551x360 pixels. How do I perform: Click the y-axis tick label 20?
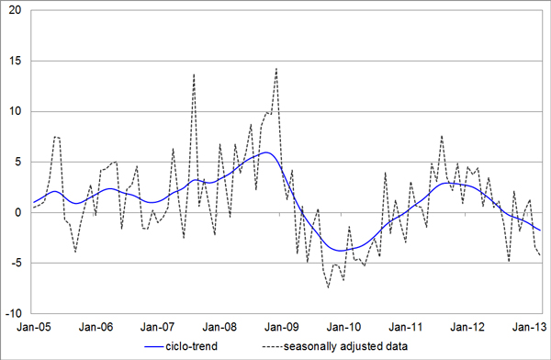[15, 10]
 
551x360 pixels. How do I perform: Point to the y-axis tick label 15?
[15, 61]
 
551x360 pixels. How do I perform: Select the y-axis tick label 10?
[15, 111]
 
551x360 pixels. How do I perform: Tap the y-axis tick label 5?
[18, 162]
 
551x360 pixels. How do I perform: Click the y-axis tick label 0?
[18, 212]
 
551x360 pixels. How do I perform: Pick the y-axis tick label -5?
[16, 263]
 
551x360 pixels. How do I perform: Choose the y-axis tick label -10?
[14, 313]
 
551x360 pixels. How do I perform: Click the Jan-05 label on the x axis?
[34, 327]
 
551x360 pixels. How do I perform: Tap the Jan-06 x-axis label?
[96, 327]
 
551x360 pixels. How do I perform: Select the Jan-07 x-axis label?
[158, 327]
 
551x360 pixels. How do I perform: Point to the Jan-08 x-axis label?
[220, 327]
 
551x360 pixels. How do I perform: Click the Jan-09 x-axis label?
[282, 327]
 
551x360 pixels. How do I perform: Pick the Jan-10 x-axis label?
[344, 327]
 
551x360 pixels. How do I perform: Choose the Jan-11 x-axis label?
[406, 327]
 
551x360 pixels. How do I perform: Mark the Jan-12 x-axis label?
[467, 327]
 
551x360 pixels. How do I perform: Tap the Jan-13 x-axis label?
[530, 327]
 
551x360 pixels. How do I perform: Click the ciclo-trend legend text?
[192, 346]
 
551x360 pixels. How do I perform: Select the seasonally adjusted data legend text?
[346, 346]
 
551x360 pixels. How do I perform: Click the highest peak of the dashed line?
[276, 68]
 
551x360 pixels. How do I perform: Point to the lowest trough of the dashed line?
[328, 288]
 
